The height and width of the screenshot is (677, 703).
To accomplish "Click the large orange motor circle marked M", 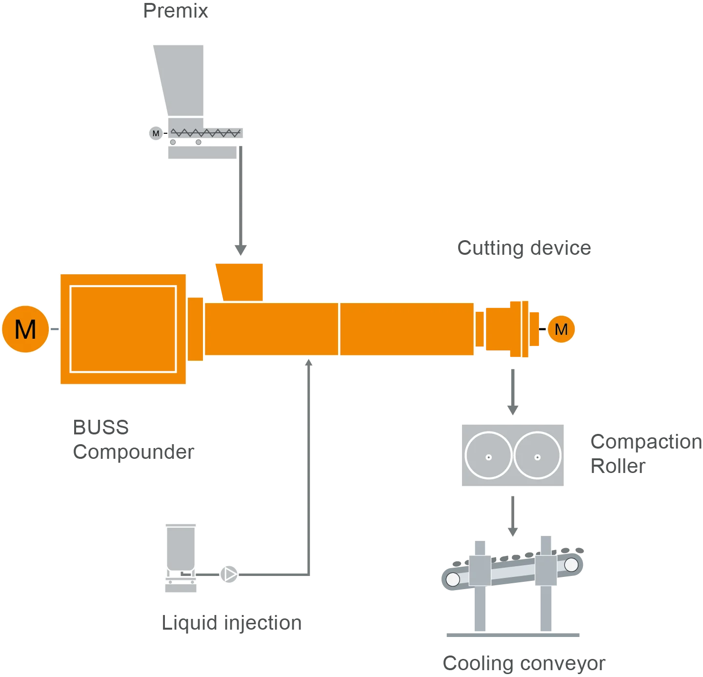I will [25, 329].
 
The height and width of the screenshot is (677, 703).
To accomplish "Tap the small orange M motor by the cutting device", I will [561, 329].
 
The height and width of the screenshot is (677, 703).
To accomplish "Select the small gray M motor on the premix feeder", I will [156, 133].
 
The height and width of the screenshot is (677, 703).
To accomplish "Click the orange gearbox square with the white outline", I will [123, 329].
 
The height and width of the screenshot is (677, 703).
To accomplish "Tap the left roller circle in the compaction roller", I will [488, 455].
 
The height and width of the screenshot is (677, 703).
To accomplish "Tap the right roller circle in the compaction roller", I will [537, 455].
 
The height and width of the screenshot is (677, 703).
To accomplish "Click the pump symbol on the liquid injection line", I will [229, 574].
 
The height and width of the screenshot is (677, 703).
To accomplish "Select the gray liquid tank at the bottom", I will [181, 549].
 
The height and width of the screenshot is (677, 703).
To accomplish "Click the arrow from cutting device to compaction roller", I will [512, 393].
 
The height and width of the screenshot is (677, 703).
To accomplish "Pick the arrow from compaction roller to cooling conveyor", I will [512, 517].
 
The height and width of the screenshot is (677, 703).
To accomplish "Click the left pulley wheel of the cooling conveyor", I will [453, 579].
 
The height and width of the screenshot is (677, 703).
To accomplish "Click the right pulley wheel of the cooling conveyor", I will [571, 565].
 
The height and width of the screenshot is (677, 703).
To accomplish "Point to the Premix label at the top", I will [178, 11].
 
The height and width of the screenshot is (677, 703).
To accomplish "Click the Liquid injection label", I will [232, 623].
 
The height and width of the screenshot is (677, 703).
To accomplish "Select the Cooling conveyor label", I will [524, 663].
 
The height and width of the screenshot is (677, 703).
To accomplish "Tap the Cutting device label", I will [524, 248].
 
